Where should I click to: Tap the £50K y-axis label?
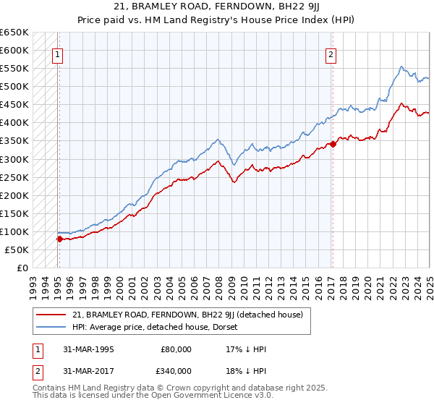pos(17,250)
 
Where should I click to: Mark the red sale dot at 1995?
pos(59,238)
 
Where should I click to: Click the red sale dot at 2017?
pos(333,144)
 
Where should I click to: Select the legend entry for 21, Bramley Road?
pos(182,315)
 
